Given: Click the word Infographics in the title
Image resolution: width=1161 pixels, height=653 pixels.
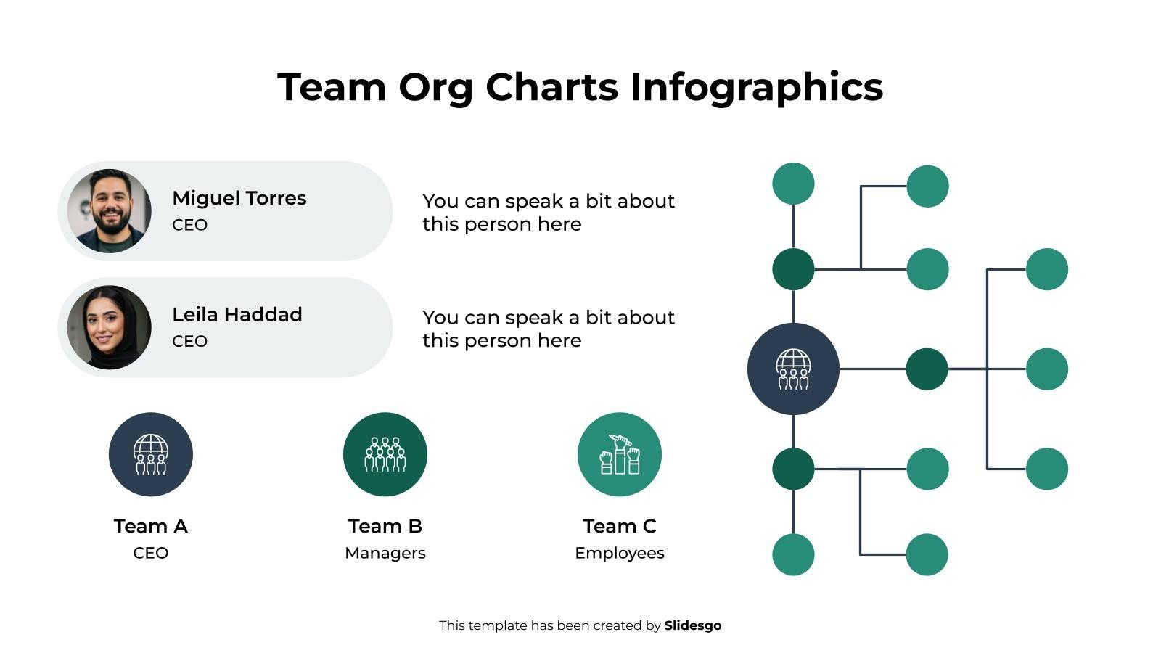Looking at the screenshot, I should (756, 87).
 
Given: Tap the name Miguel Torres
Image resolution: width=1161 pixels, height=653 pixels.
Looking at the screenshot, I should (239, 198).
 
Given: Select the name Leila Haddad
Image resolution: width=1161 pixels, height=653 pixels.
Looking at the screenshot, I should (237, 314).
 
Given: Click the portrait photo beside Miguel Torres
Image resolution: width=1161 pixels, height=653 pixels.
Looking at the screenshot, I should (110, 211).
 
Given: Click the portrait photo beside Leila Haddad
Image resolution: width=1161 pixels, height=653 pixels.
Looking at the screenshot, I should (110, 327).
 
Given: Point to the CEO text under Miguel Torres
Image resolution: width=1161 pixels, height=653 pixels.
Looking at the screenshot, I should (189, 225).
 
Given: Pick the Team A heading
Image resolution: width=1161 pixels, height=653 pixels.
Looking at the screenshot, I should (150, 526).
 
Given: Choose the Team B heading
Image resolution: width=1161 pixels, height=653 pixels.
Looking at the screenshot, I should (385, 526).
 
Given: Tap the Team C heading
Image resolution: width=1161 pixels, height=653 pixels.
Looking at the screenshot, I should (619, 526).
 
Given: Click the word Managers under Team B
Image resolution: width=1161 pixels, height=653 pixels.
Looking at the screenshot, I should (385, 553).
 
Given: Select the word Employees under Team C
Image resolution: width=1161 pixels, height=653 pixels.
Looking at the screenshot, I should (619, 553).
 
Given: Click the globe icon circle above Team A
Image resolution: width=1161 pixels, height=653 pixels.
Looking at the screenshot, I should (150, 454).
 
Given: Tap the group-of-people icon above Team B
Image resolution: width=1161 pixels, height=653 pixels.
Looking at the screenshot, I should (385, 454).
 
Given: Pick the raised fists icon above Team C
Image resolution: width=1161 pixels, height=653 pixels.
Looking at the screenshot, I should (619, 454).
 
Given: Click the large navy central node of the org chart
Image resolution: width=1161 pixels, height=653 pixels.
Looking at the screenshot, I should (793, 369).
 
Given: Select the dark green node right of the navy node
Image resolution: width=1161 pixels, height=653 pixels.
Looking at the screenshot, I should (927, 369).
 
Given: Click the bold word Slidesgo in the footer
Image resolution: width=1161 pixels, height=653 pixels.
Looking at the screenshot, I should (692, 625).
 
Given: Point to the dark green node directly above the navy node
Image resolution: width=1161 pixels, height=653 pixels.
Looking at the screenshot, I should (793, 269).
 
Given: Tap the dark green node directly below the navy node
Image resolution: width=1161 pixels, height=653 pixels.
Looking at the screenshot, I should (793, 469).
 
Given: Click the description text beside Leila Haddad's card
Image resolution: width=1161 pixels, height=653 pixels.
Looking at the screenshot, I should (548, 329).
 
